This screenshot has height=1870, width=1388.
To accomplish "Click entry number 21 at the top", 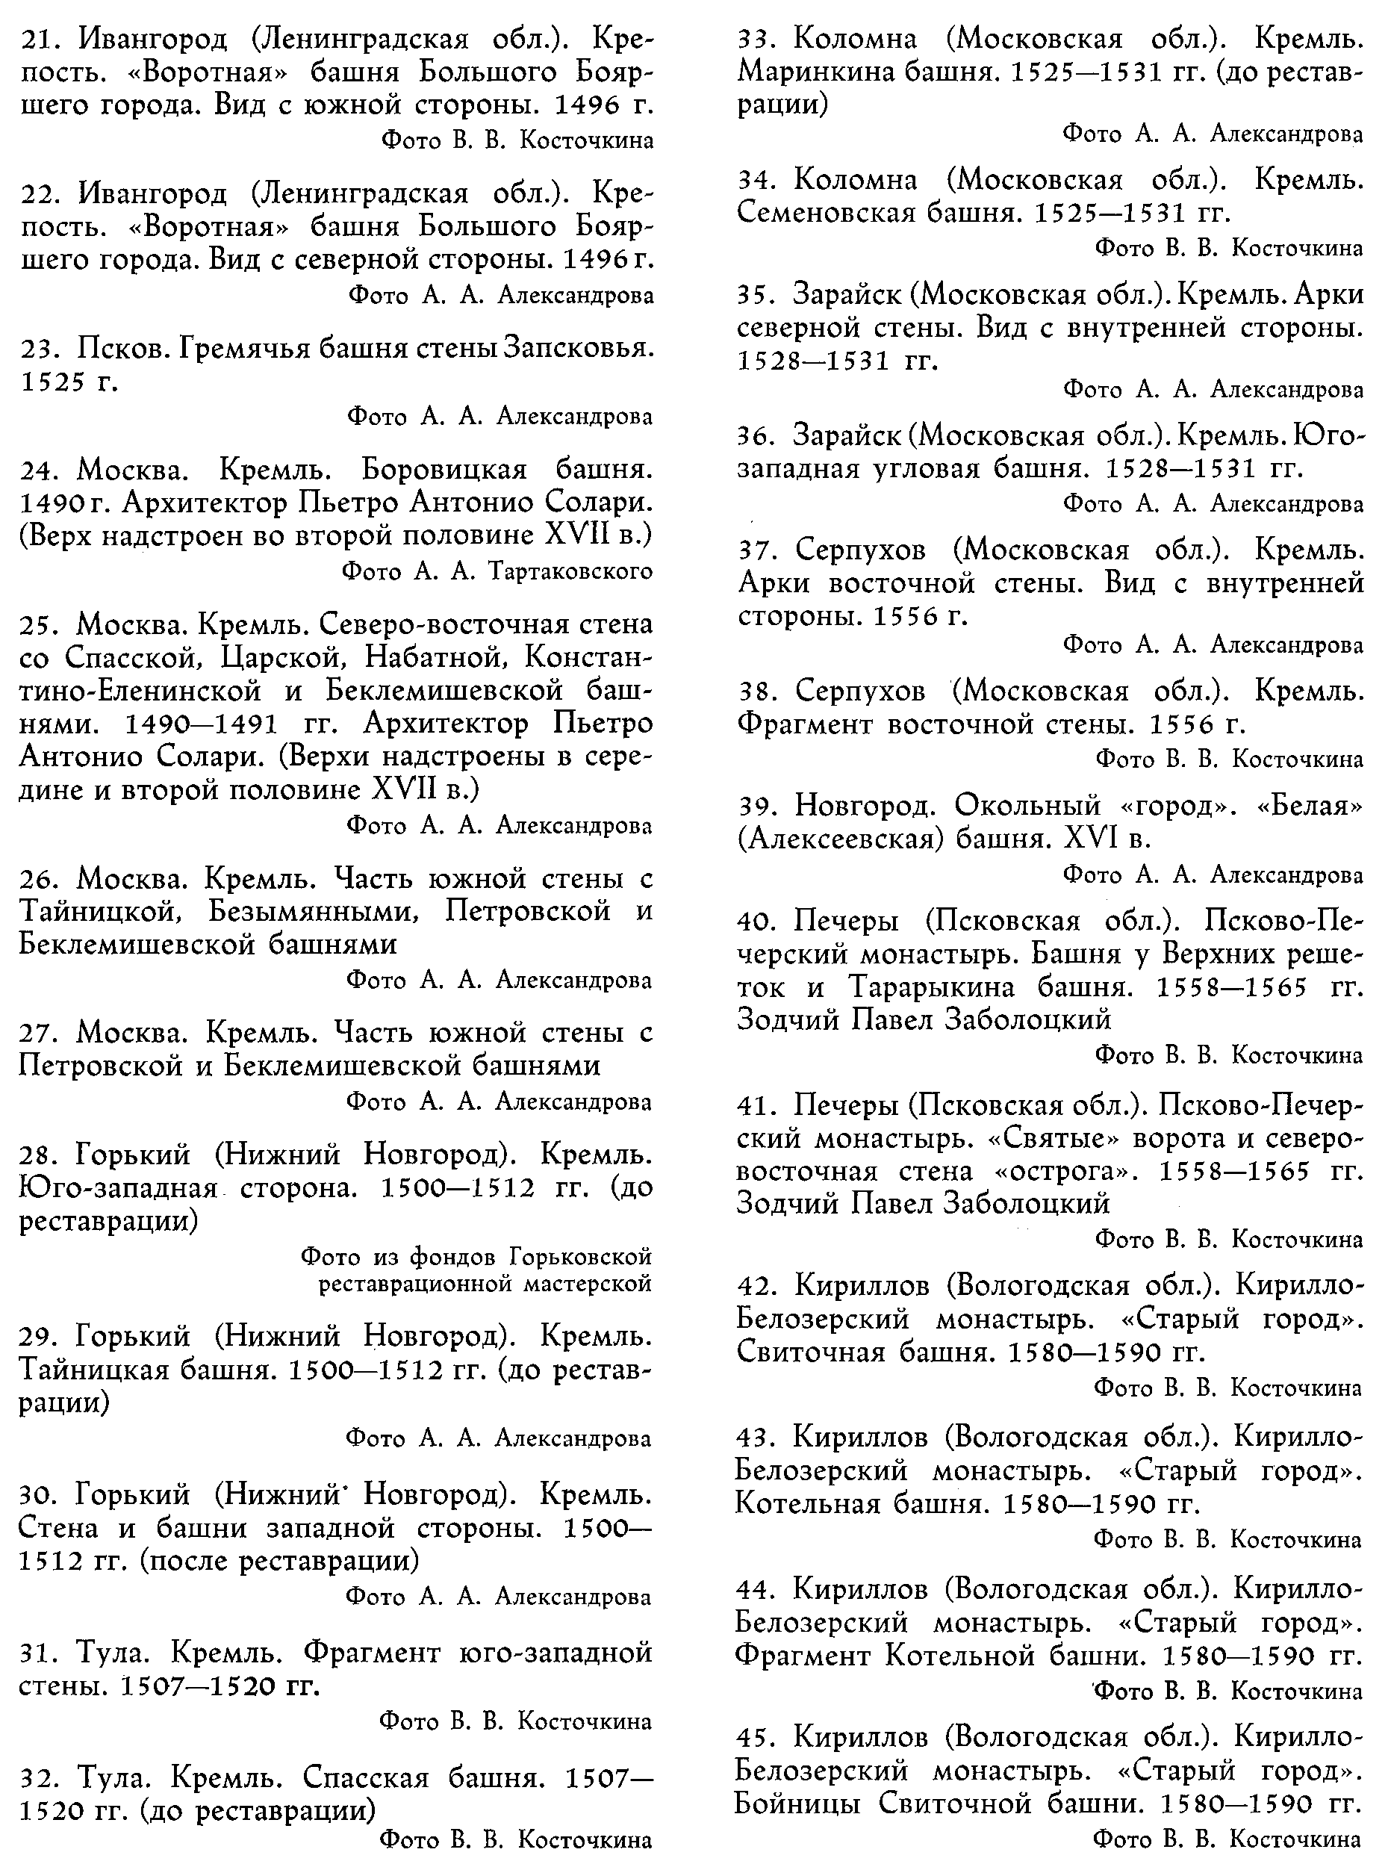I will (43, 40).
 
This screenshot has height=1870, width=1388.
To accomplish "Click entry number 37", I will (759, 550).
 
